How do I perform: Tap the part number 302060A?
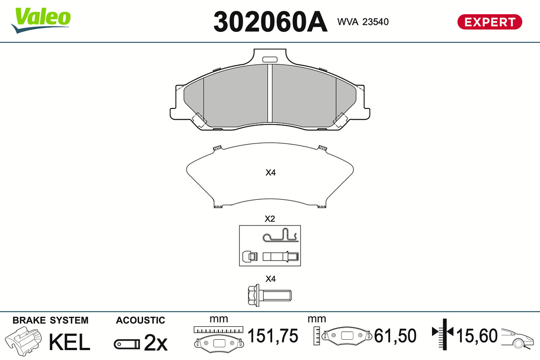[x=270, y=22]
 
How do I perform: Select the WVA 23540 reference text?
[x=363, y=22]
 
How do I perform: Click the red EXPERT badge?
[x=490, y=22]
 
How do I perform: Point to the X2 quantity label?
[x=270, y=219]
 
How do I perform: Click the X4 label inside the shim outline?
[x=270, y=172]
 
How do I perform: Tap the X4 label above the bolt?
[x=270, y=279]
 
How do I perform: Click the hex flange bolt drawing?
[x=270, y=295]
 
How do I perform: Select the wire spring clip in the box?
[x=280, y=235]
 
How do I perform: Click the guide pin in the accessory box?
[x=281, y=256]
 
